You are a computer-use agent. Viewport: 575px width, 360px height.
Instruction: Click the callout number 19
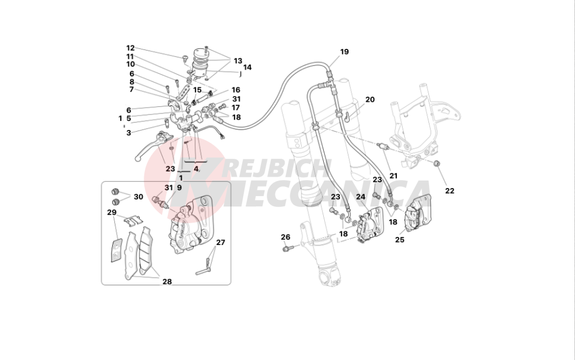tap(344, 52)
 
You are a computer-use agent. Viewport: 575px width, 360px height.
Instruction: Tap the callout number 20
tap(370, 99)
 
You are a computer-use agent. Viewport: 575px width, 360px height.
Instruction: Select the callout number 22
tap(450, 190)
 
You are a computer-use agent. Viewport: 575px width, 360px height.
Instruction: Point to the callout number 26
tap(285, 237)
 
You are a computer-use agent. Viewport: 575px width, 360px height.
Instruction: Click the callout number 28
tap(167, 282)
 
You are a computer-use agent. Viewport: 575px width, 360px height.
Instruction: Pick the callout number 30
tap(138, 197)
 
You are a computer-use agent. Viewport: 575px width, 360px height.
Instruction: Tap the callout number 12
tap(130, 48)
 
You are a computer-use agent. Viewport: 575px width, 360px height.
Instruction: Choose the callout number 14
tap(247, 67)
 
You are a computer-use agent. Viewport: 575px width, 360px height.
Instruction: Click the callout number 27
tap(220, 242)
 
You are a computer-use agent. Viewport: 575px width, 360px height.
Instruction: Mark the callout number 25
tap(400, 240)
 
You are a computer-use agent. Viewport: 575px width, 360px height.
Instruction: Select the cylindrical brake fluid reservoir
tap(201, 62)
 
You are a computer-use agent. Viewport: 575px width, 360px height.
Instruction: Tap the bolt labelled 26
tap(287, 249)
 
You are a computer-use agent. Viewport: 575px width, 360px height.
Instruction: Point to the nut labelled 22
tap(436, 163)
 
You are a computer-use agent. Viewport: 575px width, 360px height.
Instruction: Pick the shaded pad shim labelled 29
tap(116, 250)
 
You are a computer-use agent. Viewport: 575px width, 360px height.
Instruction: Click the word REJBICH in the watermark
tap(277, 170)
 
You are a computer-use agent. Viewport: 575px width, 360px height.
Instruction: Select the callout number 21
tap(393, 176)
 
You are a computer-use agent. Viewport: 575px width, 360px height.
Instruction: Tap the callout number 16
tap(235, 90)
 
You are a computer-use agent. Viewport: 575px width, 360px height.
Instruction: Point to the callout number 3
tap(128, 133)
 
